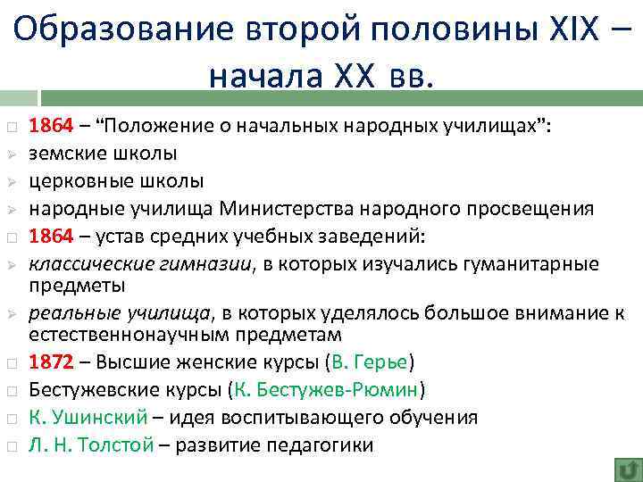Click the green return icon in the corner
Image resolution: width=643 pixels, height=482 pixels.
pos(626,468)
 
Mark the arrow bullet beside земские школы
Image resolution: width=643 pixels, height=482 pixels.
pos(11,154)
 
